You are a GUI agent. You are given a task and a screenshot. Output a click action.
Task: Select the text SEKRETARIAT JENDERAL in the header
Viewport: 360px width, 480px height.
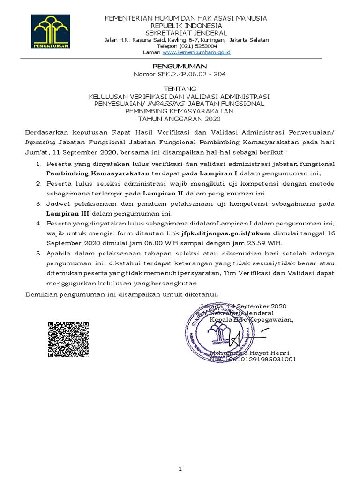click(x=186, y=33)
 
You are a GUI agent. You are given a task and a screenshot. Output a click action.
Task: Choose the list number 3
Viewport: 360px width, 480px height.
click(x=38, y=203)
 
